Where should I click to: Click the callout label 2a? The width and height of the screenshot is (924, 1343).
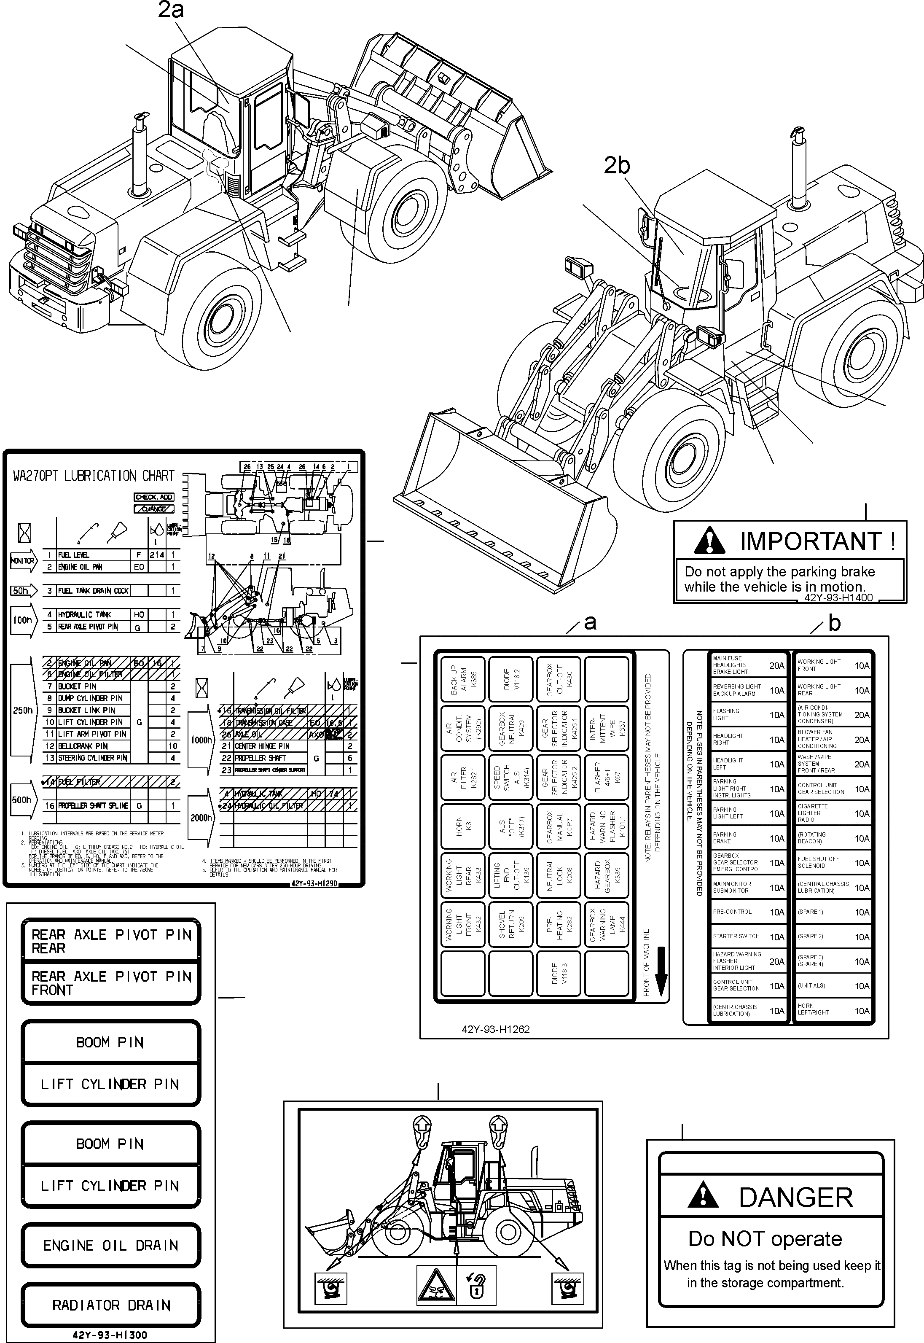[171, 11]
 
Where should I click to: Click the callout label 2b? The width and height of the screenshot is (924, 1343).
[617, 166]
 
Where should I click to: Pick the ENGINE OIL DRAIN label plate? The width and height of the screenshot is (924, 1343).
[110, 1245]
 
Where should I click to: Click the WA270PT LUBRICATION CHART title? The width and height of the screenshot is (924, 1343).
[93, 476]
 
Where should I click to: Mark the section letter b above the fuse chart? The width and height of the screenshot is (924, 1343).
[834, 623]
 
